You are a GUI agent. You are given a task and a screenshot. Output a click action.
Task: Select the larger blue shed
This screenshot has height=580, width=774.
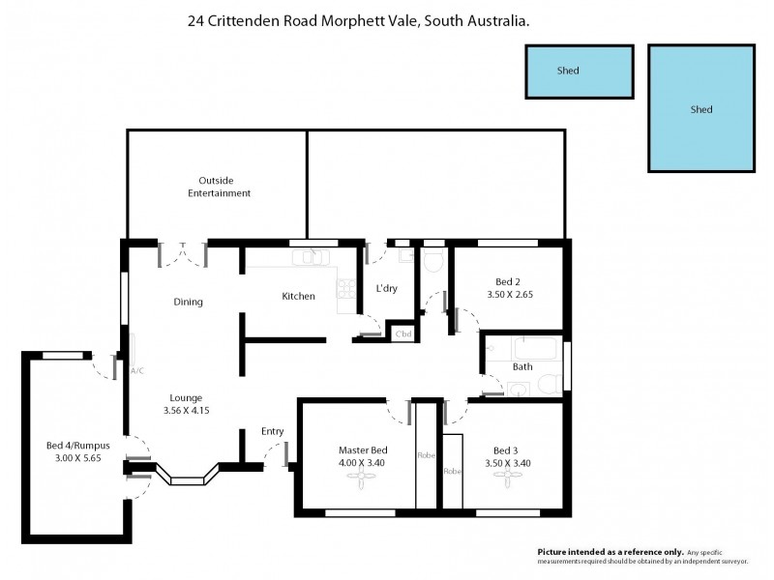(700, 108)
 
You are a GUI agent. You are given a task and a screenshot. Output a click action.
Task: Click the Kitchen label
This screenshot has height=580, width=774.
(298, 296)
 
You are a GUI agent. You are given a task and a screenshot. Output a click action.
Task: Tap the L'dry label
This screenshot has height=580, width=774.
(388, 289)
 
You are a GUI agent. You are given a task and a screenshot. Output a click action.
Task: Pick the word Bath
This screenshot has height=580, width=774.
(522, 366)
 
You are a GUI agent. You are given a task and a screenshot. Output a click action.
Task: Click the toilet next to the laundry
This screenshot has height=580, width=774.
(433, 261)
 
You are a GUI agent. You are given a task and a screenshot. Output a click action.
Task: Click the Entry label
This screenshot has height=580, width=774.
(272, 431)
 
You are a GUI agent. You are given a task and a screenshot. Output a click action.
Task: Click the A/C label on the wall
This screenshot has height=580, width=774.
(135, 369)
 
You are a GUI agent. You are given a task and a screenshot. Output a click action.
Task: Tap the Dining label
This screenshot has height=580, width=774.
(188, 302)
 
